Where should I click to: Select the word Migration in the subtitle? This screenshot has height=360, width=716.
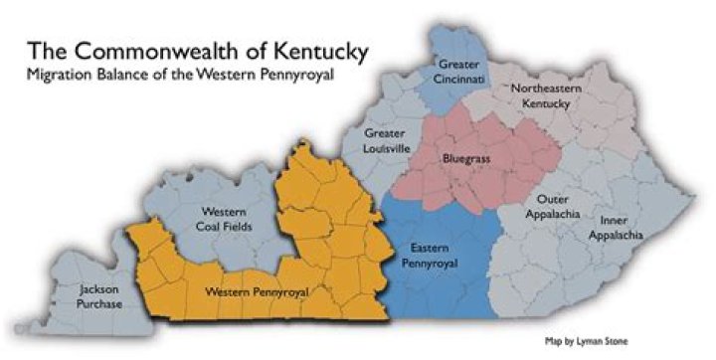tap(63, 76)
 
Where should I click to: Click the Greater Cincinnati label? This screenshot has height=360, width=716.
tap(458, 73)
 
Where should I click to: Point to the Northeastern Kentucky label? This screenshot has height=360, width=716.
tap(552, 96)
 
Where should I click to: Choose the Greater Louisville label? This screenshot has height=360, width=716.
tap(386, 140)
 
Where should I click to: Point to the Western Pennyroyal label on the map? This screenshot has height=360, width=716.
tap(256, 292)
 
